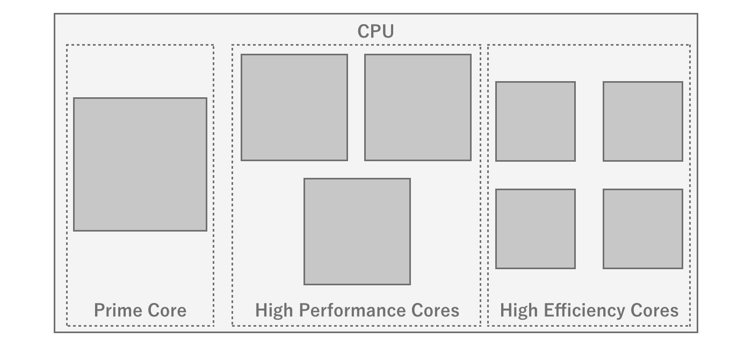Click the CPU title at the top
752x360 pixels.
pos(375,31)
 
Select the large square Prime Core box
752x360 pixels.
pos(140,164)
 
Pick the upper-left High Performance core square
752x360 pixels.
pos(294,107)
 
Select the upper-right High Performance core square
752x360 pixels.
pos(418,107)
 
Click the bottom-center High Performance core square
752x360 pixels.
pos(357,232)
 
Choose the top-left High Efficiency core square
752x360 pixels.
pos(536,121)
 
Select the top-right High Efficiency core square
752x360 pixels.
pos(643,121)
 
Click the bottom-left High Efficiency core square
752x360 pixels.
pos(536,229)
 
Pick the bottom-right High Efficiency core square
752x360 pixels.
pos(643,229)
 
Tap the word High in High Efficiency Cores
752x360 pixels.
pos(519,310)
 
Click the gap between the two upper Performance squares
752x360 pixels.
pos(356,107)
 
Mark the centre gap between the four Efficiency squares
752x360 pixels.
pos(589,175)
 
